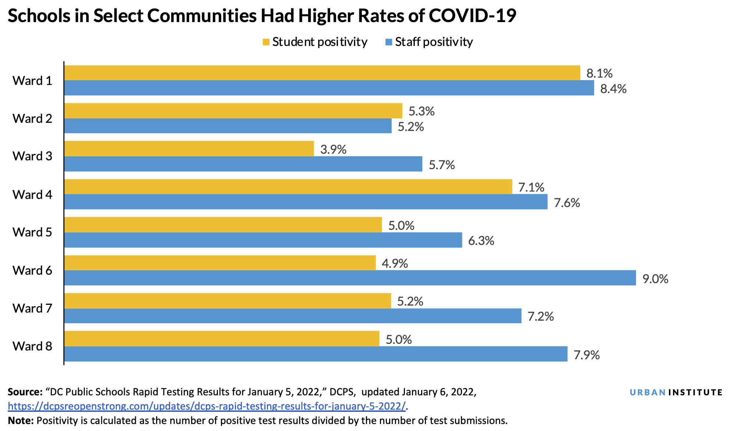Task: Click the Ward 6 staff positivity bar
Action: (x=350, y=278)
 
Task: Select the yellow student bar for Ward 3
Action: (x=189, y=149)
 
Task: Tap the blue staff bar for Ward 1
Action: (x=329, y=88)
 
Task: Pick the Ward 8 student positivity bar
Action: (x=222, y=339)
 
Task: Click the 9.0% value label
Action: (x=655, y=279)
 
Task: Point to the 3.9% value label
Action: (x=333, y=149)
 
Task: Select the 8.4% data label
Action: (x=613, y=89)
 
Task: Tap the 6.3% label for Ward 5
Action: (x=481, y=241)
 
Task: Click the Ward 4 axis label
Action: (x=32, y=195)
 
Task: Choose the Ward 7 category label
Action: (x=32, y=308)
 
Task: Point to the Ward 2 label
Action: (x=32, y=118)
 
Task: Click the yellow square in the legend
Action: (x=266, y=42)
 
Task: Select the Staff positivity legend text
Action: (x=434, y=42)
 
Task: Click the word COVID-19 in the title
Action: (x=472, y=15)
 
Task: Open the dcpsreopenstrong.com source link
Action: (x=207, y=406)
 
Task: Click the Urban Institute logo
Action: (x=676, y=392)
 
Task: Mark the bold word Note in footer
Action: (x=21, y=420)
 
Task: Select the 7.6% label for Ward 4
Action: (x=567, y=203)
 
